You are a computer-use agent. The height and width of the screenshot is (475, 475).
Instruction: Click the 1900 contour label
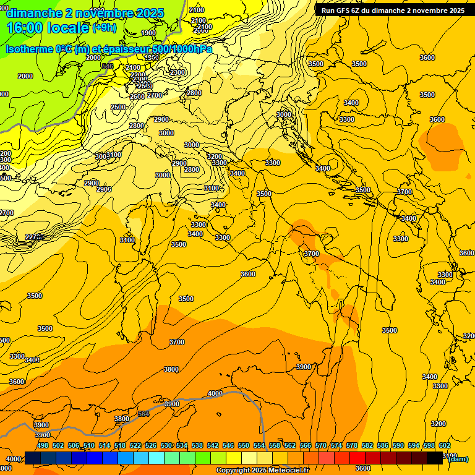point(148,33)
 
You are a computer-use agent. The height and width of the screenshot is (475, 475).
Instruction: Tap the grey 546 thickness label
point(108,66)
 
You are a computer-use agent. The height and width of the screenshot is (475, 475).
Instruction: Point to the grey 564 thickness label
point(143,414)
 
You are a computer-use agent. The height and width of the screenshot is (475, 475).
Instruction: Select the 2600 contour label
point(137,96)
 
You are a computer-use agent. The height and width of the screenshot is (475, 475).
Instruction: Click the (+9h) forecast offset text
point(103,28)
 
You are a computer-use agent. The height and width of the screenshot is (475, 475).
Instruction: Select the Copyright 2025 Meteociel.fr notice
point(262,471)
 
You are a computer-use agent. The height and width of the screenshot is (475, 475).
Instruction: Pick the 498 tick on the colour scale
point(43,445)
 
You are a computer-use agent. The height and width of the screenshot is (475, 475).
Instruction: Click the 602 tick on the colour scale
point(445,445)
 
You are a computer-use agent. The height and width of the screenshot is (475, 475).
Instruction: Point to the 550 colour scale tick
point(244,445)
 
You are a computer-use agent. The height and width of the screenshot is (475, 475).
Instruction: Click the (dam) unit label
point(458,459)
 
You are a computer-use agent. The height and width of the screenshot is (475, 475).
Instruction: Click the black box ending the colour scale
point(435,458)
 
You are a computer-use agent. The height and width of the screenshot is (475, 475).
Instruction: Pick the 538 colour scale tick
point(197,445)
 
